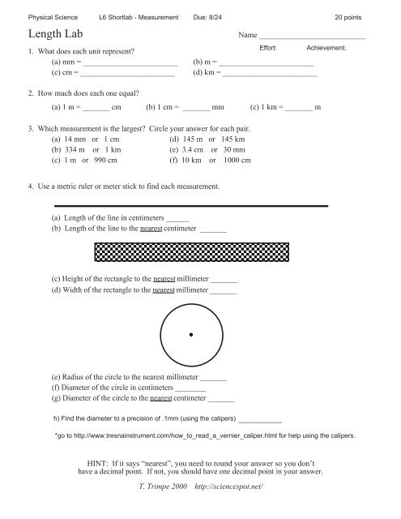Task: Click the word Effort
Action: pos(269,49)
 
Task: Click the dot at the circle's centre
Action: pos(190,334)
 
